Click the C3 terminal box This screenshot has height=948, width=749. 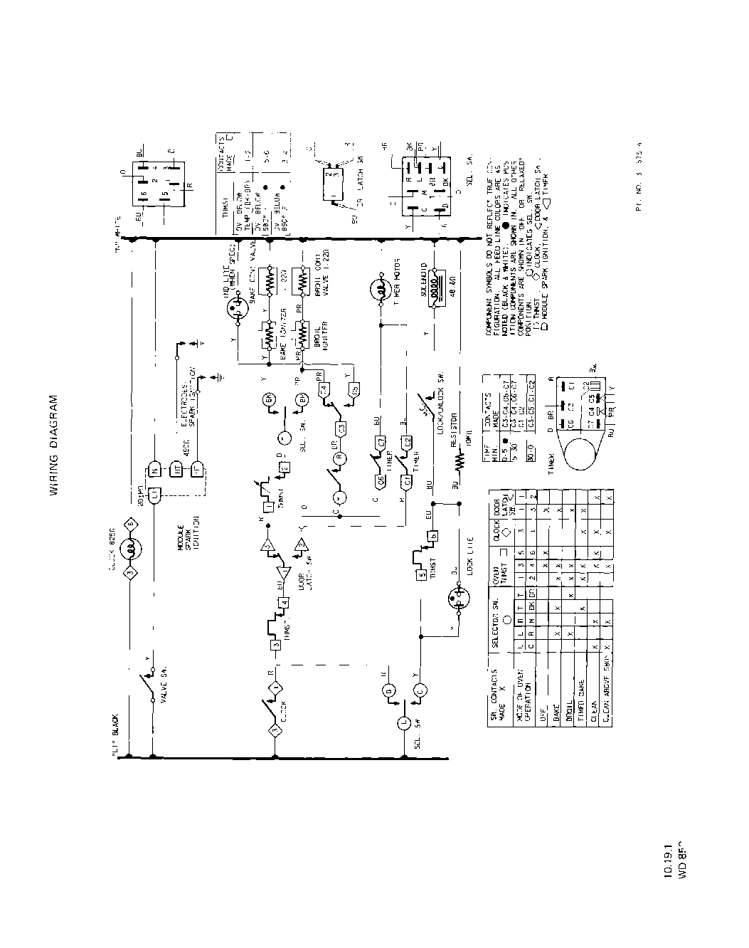click(x=341, y=429)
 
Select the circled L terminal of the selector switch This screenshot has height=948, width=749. click(x=403, y=722)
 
